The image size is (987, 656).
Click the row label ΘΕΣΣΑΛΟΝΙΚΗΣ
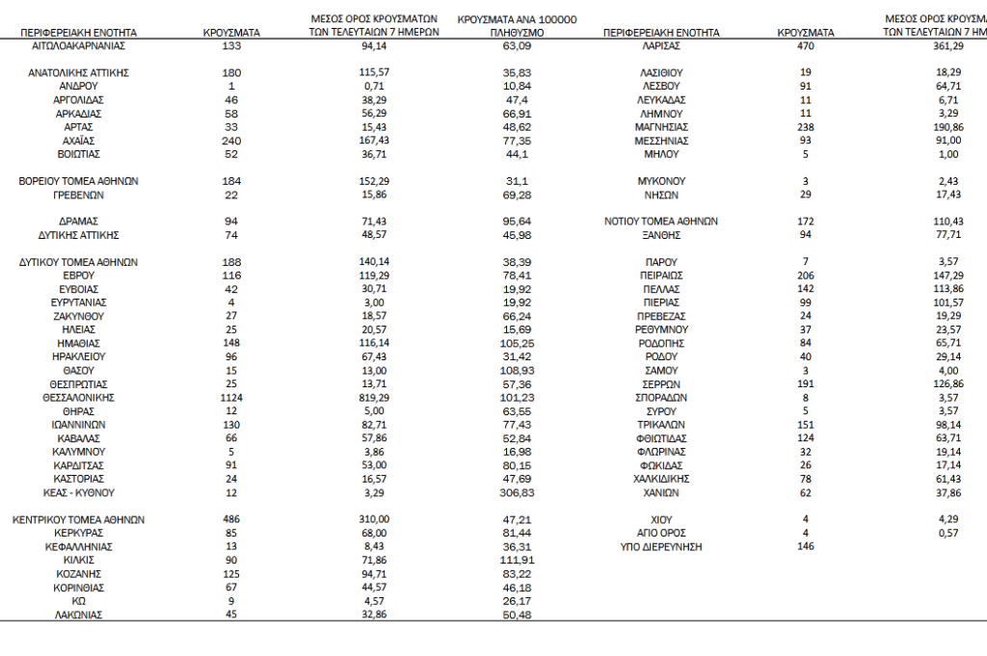click(79, 397)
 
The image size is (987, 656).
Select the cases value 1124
click(232, 397)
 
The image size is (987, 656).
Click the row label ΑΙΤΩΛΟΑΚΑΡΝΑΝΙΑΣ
click(79, 45)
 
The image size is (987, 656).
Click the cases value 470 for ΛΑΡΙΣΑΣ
click(806, 45)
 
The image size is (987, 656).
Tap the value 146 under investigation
click(806, 546)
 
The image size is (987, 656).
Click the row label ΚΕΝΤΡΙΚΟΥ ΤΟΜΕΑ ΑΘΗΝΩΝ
click(79, 519)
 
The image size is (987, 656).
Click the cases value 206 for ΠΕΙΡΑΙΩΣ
click(806, 276)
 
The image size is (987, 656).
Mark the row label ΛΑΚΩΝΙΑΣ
click(79, 614)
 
